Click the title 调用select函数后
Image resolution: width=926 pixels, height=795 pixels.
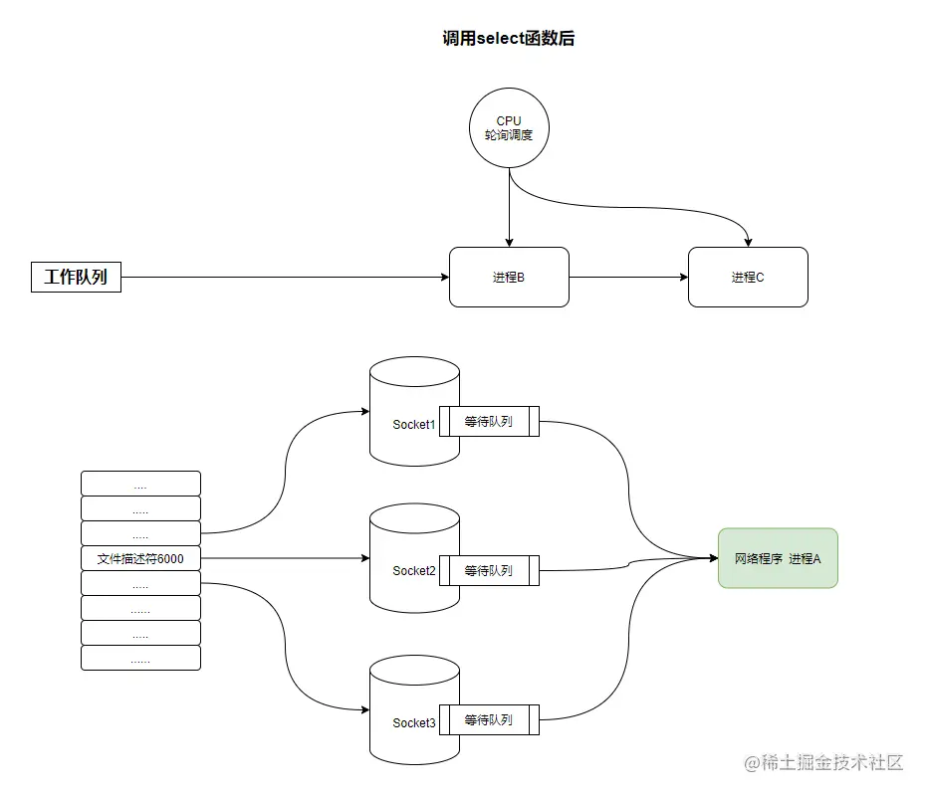[509, 39]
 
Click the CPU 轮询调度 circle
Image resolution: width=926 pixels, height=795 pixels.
[509, 127]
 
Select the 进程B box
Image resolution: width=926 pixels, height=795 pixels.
[509, 277]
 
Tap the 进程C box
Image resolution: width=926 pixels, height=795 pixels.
[748, 277]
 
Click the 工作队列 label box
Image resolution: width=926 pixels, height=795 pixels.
[76, 277]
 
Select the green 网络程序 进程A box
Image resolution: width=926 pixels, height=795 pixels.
[778, 558]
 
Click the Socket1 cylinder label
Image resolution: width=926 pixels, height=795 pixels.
[414, 425]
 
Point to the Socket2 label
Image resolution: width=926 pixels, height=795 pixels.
[414, 571]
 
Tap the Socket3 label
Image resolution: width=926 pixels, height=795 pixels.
[414, 723]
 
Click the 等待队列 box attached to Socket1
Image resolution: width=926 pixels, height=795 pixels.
[489, 421]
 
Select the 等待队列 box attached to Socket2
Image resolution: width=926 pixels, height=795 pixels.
[489, 570]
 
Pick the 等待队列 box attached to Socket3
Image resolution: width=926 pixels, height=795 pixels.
[489, 719]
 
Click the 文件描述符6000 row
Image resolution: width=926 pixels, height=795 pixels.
[140, 558]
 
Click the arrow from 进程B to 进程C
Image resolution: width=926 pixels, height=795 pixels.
[627, 277]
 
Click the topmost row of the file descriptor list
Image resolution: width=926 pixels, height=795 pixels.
[140, 484]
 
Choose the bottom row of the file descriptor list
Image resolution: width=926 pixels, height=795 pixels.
[140, 658]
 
